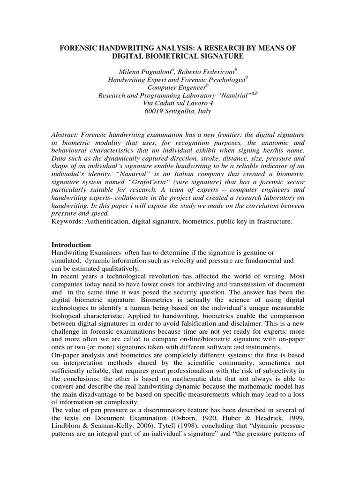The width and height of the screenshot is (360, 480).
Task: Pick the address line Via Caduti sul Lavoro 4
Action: coord(180,104)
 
